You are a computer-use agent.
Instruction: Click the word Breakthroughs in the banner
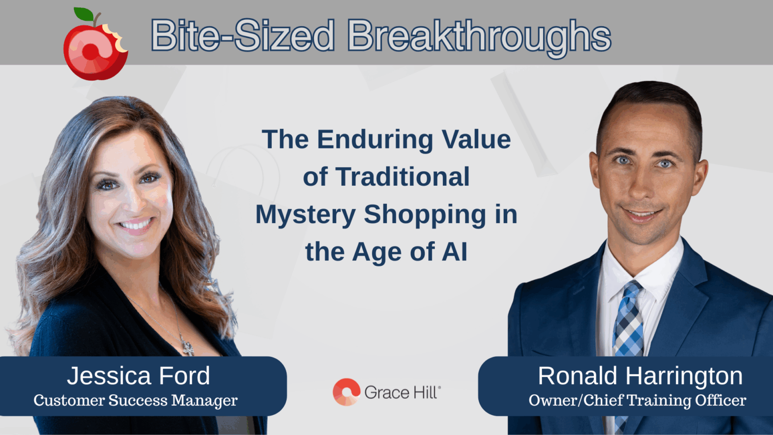pyautogui.click(x=479, y=36)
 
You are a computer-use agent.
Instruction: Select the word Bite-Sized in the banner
pyautogui.click(x=243, y=36)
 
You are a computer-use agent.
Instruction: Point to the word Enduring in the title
pyautogui.click(x=375, y=139)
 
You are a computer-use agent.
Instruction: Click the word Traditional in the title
pyautogui.click(x=403, y=177)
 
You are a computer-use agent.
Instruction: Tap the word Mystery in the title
pyautogui.click(x=305, y=215)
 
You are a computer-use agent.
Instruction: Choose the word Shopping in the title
pyautogui.click(x=425, y=215)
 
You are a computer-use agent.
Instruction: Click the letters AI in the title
pyautogui.click(x=454, y=252)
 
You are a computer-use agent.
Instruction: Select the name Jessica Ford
pyautogui.click(x=138, y=376)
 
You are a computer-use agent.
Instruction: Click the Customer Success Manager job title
pyautogui.click(x=135, y=401)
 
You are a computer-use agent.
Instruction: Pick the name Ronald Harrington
pyautogui.click(x=640, y=376)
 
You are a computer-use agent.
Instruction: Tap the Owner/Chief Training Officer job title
pyautogui.click(x=637, y=401)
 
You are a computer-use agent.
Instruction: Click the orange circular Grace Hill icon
pyautogui.click(x=346, y=392)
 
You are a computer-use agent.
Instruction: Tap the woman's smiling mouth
pyautogui.click(x=134, y=225)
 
